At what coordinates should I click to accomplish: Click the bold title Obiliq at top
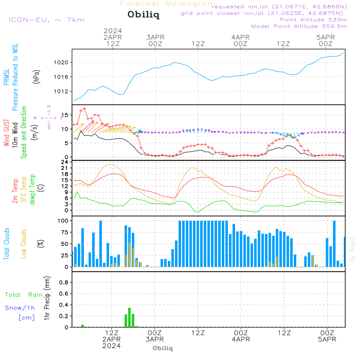(143, 15)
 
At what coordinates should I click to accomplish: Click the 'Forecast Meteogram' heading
(168, 4)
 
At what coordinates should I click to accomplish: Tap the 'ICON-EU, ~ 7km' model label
(46, 20)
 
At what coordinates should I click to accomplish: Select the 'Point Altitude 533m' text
(313, 19)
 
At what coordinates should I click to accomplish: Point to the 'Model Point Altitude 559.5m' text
(299, 26)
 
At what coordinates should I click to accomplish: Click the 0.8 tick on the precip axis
(63, 282)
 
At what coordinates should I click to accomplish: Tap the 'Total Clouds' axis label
(7, 244)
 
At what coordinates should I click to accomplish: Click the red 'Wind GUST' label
(7, 133)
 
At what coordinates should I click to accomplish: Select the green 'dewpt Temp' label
(32, 190)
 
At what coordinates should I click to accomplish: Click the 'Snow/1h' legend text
(20, 308)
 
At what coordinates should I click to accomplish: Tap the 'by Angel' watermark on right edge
(352, 249)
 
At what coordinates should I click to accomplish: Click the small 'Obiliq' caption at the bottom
(163, 348)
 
